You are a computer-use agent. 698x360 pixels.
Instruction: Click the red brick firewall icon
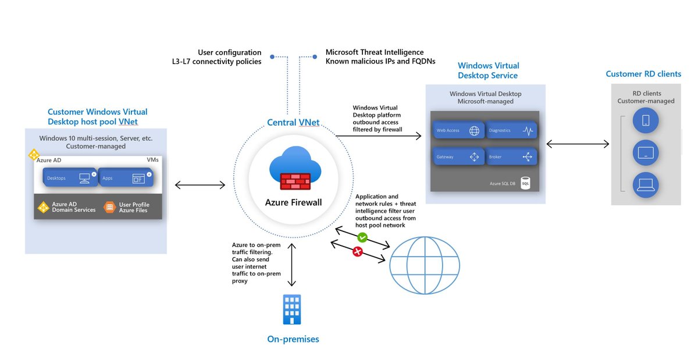pos(295,181)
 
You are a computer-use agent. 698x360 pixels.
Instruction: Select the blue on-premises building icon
pos(292,309)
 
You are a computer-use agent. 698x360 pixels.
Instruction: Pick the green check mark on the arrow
pos(362,237)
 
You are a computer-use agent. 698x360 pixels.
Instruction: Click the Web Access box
pos(458,131)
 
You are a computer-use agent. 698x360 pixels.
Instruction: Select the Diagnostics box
pos(511,131)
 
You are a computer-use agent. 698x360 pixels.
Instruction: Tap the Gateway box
pos(458,156)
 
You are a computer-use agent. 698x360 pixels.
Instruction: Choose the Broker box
pos(511,156)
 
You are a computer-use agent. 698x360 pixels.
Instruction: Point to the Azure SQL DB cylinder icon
pos(525,183)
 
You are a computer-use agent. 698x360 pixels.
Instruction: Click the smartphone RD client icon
pos(646,121)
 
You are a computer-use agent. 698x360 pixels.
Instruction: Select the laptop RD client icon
pos(646,185)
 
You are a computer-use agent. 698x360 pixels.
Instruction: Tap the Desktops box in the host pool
pos(69,178)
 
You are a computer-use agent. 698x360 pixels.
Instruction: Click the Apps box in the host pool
pos(126,178)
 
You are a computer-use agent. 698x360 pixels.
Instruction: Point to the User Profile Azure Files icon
pos(109,207)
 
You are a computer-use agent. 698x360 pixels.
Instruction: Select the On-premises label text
pos(293,339)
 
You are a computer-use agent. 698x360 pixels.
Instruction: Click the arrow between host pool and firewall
pos(200,185)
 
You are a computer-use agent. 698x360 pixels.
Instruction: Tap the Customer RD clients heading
pos(643,74)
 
